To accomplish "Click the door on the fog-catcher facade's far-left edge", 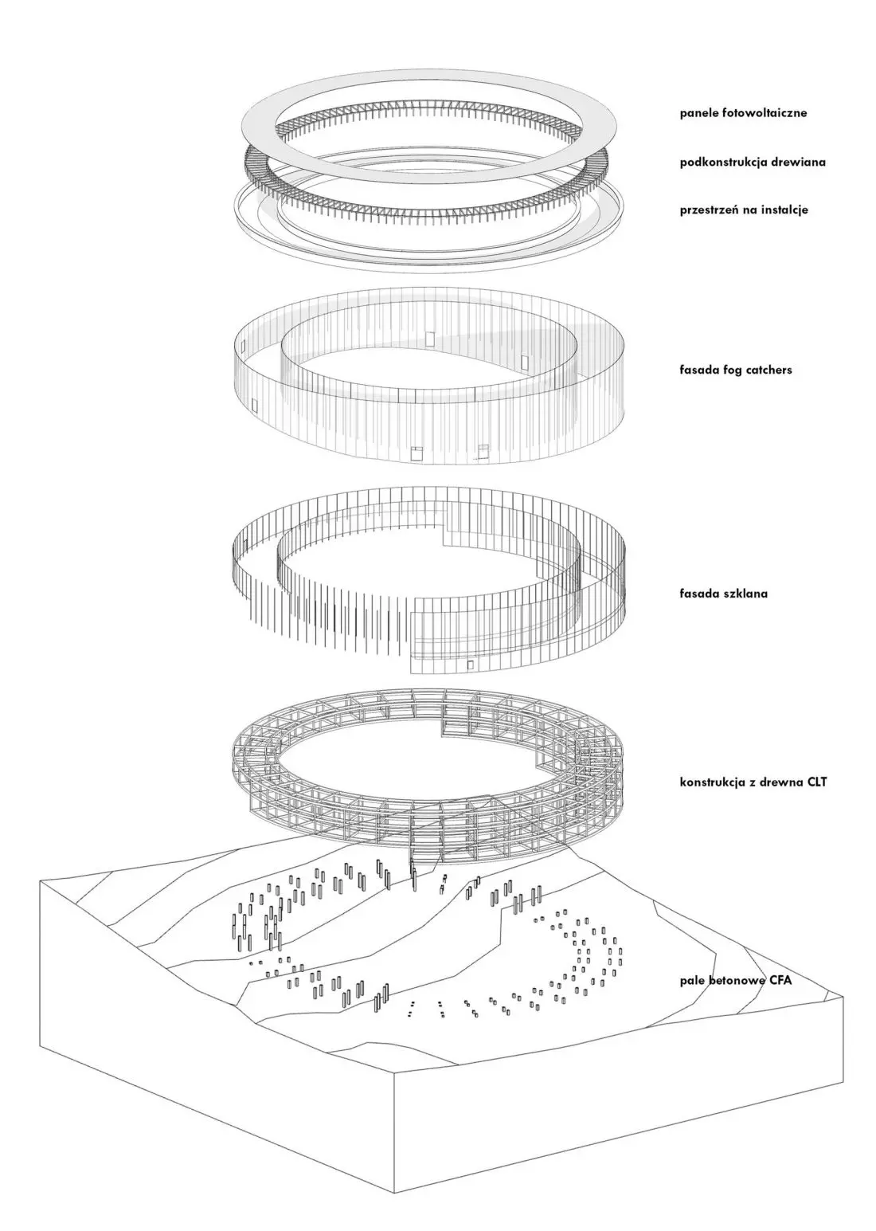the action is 254,405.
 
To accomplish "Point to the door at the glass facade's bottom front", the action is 470,665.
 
